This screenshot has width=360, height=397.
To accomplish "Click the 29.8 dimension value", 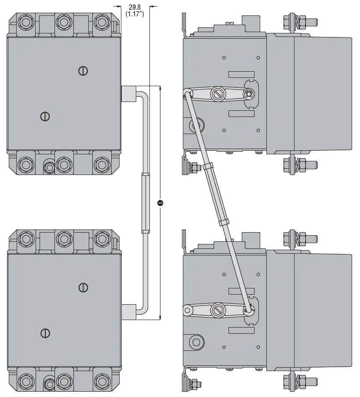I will pyautogui.click(x=135, y=7).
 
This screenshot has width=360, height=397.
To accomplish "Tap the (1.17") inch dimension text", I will pyautogui.click(x=135, y=14).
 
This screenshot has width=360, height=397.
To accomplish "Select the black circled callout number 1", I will pyautogui.click(x=160, y=203).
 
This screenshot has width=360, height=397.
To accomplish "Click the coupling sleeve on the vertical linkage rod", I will pyautogui.click(x=145, y=202).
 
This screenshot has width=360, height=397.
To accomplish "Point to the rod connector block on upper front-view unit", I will pyautogui.click(x=128, y=93).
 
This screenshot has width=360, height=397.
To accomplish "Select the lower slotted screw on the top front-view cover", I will pyautogui.click(x=44, y=117).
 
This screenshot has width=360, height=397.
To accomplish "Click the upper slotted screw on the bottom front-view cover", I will pyautogui.click(x=83, y=288).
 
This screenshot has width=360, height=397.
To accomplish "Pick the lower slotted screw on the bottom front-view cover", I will pyautogui.click(x=44, y=333).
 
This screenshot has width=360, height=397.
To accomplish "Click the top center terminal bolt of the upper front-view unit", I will pyautogui.click(x=64, y=22).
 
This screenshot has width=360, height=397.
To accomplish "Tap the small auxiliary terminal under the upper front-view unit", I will pyautogui.click(x=49, y=168).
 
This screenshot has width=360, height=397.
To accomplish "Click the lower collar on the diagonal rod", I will pyautogui.click(x=225, y=222).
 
